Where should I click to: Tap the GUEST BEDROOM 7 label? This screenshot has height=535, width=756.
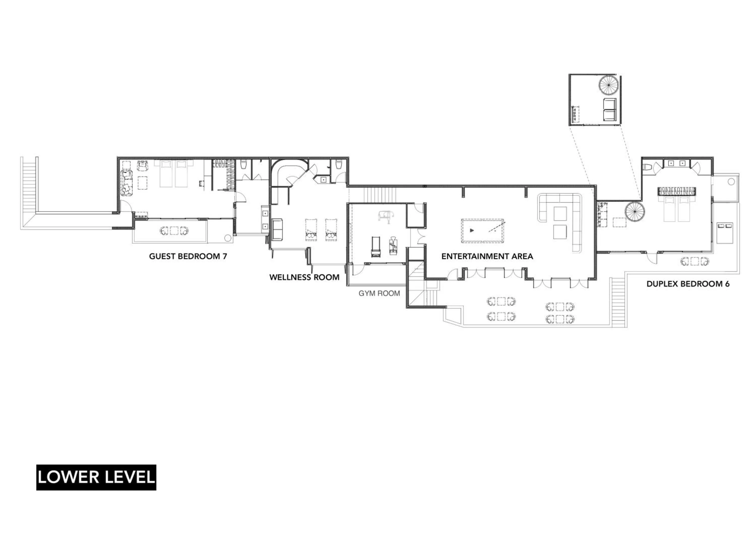pyautogui.click(x=188, y=256)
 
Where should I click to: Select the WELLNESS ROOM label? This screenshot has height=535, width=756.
pyautogui.click(x=304, y=277)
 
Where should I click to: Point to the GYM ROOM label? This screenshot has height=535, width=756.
pyautogui.click(x=379, y=293)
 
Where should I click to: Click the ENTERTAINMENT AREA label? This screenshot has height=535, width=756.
pyautogui.click(x=487, y=256)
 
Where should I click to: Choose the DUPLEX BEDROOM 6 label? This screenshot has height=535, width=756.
pyautogui.click(x=688, y=284)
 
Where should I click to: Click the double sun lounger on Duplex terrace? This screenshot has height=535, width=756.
pyautogui.click(x=725, y=232)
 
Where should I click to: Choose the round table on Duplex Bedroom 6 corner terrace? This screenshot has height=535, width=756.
pyautogui.click(x=731, y=182)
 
